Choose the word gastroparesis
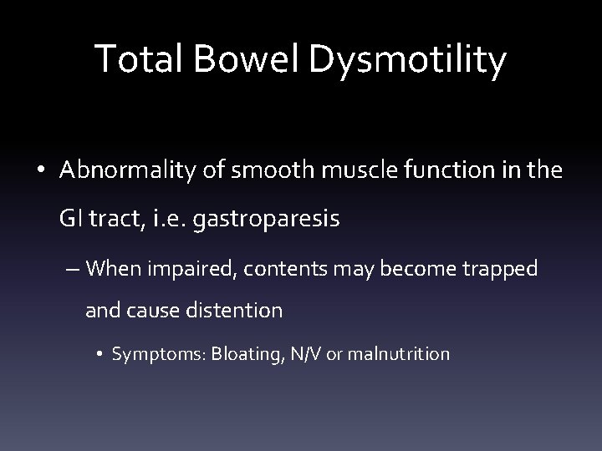[x=267, y=221]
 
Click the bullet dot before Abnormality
[x=43, y=172]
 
